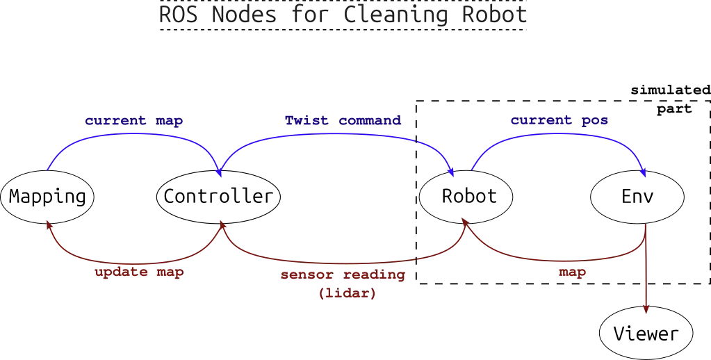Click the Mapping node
pyautogui.click(x=47, y=197)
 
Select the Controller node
pyautogui.click(x=218, y=197)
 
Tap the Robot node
pyautogui.click(x=466, y=197)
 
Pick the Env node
pyautogui.click(x=637, y=197)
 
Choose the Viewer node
pyautogui.click(x=646, y=334)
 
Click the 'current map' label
pyautogui.click(x=133, y=121)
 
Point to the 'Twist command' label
pyautogui.click(x=343, y=121)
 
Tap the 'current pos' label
pyautogui.click(x=559, y=121)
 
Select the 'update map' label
pyautogui.click(x=139, y=272)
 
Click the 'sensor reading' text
pyautogui.click(x=343, y=275)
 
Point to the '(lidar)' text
pyautogui.click(x=348, y=293)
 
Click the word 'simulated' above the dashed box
pyautogui.click(x=671, y=90)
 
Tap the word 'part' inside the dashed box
pyautogui.click(x=674, y=109)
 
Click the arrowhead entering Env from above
pyautogui.click(x=643, y=173)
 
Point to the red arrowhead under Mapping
pyautogui.click(x=49, y=225)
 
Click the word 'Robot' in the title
pyautogui.click(x=495, y=15)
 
